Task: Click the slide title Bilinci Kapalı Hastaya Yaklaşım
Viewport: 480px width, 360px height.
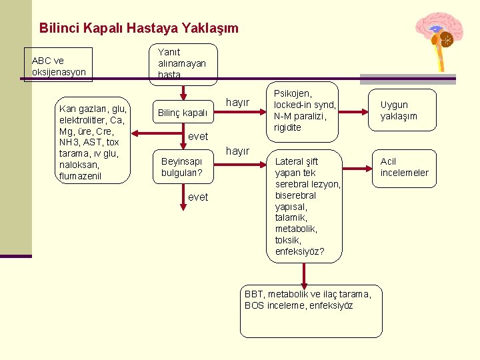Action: [x=139, y=28]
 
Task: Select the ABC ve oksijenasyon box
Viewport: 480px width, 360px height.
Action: [x=58, y=65]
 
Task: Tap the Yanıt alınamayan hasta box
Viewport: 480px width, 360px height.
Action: [x=182, y=63]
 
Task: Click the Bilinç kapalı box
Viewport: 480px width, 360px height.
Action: [x=182, y=113]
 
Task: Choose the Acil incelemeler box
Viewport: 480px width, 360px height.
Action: [x=404, y=167]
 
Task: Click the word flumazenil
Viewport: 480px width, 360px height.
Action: [x=81, y=176]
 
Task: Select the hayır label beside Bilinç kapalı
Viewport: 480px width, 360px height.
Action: [x=238, y=103]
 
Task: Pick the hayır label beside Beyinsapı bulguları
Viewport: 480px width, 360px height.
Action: [x=238, y=151]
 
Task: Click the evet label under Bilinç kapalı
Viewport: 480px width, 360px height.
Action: [x=198, y=136]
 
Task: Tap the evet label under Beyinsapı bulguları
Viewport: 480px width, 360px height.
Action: [x=198, y=197]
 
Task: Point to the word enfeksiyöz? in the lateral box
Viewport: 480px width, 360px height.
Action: [x=299, y=251]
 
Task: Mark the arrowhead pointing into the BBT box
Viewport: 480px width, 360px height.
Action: [x=304, y=285]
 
